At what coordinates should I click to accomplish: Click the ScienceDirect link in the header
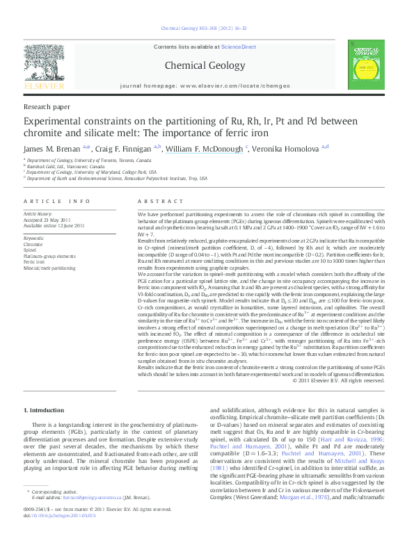pyautogui.click(x=239, y=46)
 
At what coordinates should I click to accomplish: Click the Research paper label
pyautogui.click(x=47, y=107)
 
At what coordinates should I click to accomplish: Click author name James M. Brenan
pyautogui.click(x=53, y=147)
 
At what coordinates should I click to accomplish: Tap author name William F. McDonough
pyautogui.click(x=204, y=147)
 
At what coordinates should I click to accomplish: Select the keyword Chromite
pyautogui.click(x=33, y=245)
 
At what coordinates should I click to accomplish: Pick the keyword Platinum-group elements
pyautogui.click(x=50, y=256)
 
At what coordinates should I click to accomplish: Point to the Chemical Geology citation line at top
pyautogui.click(x=206, y=29)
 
